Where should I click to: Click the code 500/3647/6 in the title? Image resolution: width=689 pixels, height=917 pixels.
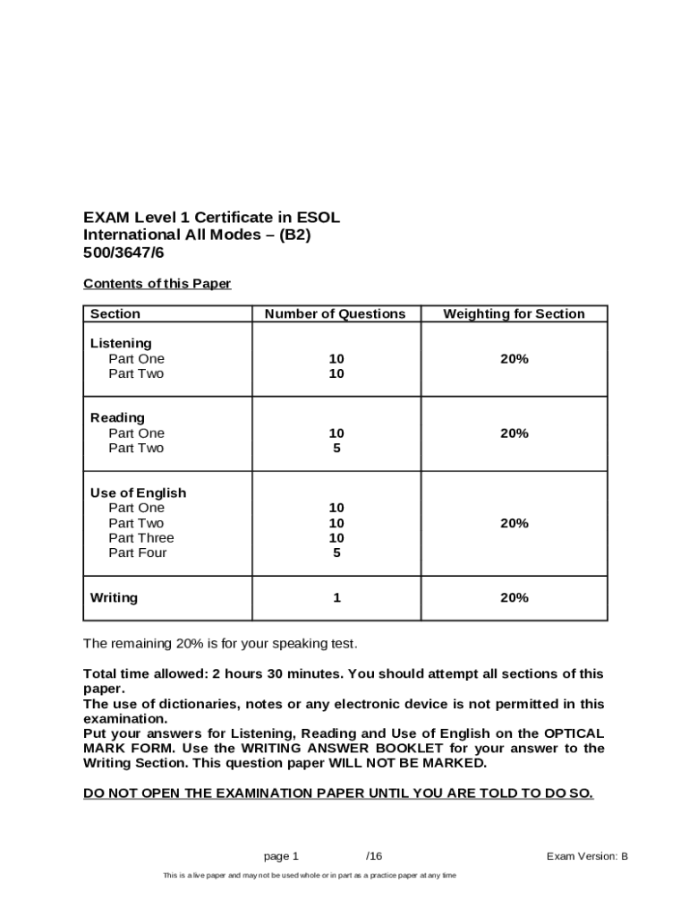tap(122, 253)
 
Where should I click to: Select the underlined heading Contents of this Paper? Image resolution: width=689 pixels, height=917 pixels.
tap(157, 284)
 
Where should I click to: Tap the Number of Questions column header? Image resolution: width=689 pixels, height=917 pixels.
tap(335, 313)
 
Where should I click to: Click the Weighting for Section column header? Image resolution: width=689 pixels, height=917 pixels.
tap(514, 313)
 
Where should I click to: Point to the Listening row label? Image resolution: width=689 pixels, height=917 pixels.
tap(121, 343)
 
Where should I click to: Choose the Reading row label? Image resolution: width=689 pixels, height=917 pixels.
tap(117, 417)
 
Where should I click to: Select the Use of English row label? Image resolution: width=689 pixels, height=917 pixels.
tap(138, 493)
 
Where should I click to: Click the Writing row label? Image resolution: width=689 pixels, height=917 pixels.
tap(114, 597)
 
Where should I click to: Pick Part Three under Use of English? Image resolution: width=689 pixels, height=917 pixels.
tap(141, 538)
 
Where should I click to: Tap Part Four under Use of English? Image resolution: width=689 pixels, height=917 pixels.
tap(138, 553)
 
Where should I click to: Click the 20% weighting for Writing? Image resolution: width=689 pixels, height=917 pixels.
tap(514, 597)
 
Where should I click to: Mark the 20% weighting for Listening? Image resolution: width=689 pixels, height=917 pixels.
tap(514, 358)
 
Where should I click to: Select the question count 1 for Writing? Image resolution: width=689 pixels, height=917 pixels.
tap(336, 597)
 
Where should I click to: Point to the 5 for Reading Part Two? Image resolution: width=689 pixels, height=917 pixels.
tap(336, 448)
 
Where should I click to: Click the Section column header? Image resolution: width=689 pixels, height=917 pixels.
tap(115, 313)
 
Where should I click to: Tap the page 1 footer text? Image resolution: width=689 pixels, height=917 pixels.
tap(281, 856)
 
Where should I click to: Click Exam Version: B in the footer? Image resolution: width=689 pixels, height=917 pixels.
tap(587, 856)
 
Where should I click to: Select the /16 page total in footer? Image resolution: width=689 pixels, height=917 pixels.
tap(374, 856)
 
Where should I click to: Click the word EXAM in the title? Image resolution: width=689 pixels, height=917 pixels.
tap(106, 218)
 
